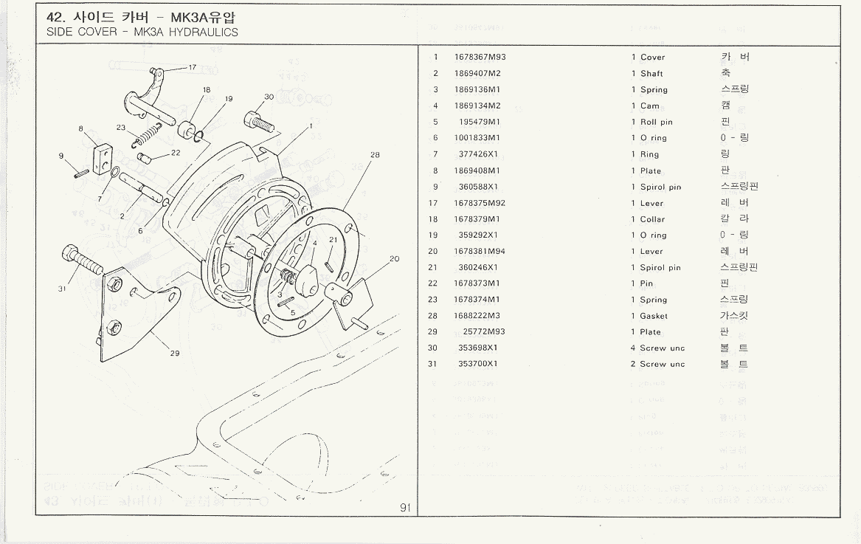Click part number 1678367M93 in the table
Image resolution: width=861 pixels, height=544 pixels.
coord(480,58)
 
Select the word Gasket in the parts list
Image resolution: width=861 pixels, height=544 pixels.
coord(654,316)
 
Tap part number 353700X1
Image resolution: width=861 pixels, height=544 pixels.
coord(477,364)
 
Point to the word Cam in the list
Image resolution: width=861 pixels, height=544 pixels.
coord(650,106)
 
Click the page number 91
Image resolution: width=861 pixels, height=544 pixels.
coord(405,507)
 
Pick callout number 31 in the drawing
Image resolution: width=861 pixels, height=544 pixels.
coord(62,289)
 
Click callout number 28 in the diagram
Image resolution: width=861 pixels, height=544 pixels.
coord(375,155)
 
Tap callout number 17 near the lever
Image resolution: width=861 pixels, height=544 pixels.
coord(193,67)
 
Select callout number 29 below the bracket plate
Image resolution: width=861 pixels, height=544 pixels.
coord(175,353)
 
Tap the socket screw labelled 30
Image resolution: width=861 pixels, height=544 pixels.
coord(262,120)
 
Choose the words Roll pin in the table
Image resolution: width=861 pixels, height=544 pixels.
coord(656,123)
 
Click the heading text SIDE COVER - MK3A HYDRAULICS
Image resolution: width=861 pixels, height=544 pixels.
coord(142,32)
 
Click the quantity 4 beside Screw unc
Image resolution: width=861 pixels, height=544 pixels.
coord(633,348)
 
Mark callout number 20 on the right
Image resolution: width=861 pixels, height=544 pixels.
coord(394,259)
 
